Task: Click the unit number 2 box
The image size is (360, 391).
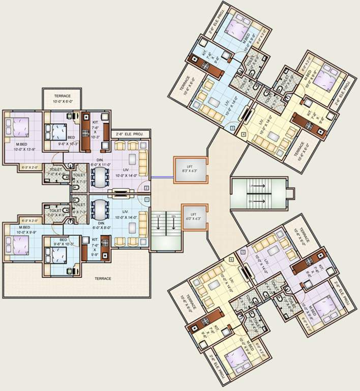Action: pos(146,188)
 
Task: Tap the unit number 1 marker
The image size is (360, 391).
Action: pos(146,200)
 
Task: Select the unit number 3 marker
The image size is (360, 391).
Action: pos(232,129)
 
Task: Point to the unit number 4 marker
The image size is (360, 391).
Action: pos(244,134)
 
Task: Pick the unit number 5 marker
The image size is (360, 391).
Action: pos(243,252)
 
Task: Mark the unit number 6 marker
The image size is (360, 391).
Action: pos(232,259)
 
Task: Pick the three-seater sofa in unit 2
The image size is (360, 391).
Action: pos(143,162)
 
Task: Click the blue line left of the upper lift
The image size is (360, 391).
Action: pos(161,177)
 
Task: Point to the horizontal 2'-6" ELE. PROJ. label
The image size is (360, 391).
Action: pos(129,134)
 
